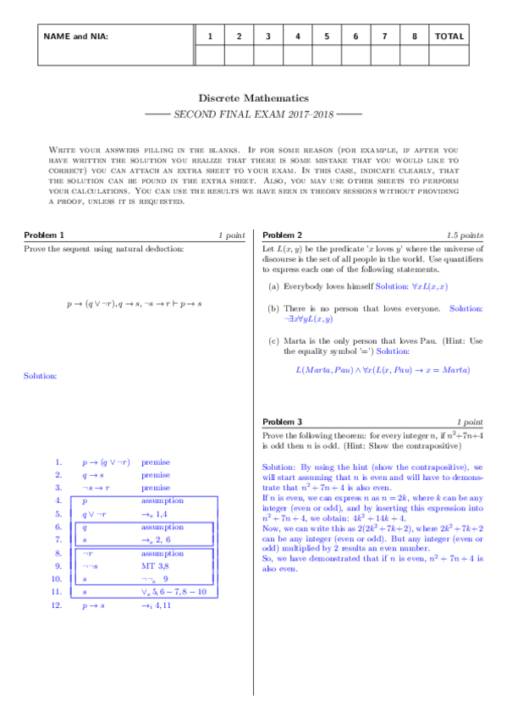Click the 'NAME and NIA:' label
click(75, 36)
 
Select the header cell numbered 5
click(326, 36)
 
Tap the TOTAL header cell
click(449, 36)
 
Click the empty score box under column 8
click(414, 54)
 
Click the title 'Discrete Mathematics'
click(253, 98)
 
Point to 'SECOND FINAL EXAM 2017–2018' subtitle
click(253, 113)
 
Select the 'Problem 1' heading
click(43, 235)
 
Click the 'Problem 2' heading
click(283, 235)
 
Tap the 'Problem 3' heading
click(283, 421)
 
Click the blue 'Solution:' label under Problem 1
click(40, 375)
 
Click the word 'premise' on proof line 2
click(156, 475)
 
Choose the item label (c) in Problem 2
click(273, 341)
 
